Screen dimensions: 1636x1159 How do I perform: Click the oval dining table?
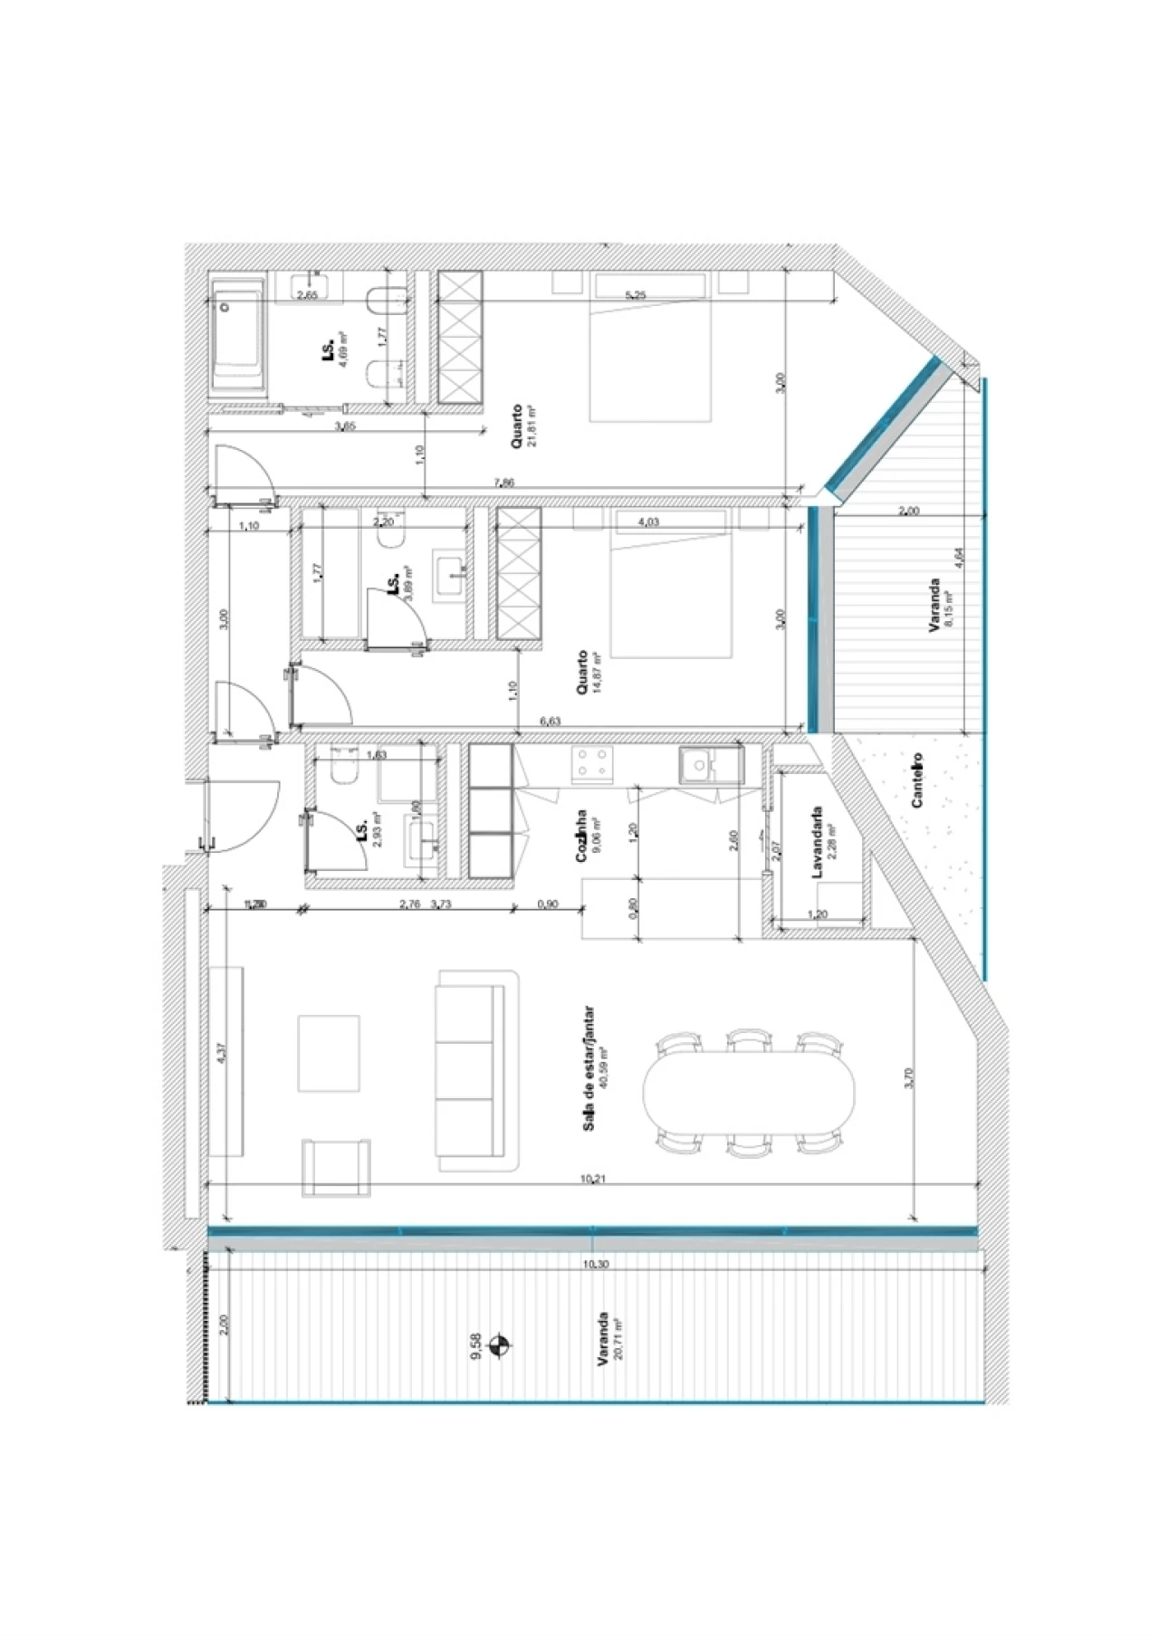[748, 1092]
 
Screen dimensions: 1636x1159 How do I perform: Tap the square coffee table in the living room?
[329, 1053]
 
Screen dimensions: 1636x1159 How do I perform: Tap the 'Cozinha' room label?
[581, 836]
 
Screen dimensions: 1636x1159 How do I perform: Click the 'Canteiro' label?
[917, 780]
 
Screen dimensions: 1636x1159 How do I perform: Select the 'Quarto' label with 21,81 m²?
[516, 426]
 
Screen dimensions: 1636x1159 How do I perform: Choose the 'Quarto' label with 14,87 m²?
[582, 673]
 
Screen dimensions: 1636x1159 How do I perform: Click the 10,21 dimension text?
[592, 1179]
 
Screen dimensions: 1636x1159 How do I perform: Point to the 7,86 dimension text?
[504, 483]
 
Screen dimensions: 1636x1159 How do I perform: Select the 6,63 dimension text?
[550, 721]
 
